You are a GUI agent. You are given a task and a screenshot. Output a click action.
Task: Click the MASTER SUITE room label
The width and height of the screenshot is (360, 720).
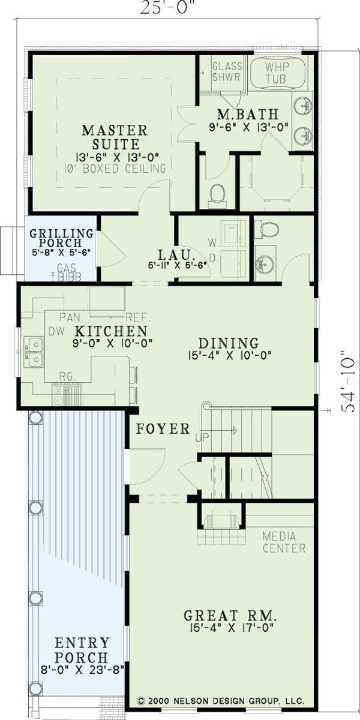115,137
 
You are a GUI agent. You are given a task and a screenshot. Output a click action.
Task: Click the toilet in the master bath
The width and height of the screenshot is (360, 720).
218,193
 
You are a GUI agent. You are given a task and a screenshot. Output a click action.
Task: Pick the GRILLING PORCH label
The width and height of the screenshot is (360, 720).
62,239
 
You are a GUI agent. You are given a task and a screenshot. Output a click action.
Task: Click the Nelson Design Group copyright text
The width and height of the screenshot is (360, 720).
220,700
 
